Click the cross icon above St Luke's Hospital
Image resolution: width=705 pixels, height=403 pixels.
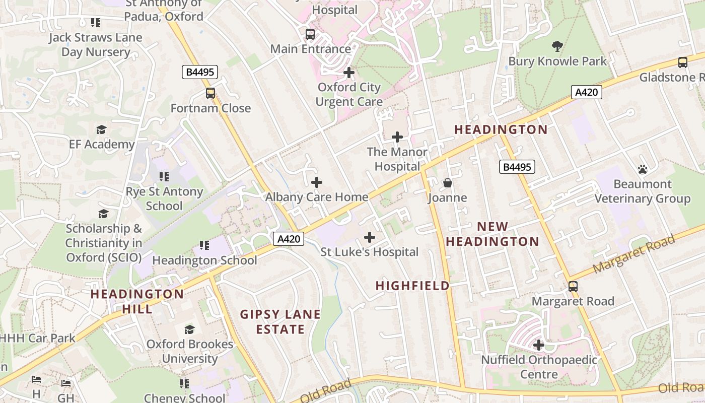pos(370,237)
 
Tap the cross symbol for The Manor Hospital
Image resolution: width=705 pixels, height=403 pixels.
pos(397,137)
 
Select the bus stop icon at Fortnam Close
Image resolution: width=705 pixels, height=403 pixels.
pos(210,93)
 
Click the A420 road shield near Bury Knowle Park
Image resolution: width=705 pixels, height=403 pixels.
pos(587,92)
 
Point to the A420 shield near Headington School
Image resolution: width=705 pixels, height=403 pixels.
pos(289,239)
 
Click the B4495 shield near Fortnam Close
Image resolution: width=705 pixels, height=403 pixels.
pos(200,72)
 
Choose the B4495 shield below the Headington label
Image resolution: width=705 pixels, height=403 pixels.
pos(517,167)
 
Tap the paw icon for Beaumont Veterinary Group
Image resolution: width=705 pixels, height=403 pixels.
pos(643,169)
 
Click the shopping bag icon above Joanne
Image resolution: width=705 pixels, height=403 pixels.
pos(448,183)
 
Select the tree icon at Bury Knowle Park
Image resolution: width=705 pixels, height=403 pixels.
pos(557,46)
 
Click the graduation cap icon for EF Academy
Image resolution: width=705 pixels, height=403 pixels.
pos(102,130)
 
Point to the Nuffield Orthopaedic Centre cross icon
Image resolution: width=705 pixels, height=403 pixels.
pos(539,345)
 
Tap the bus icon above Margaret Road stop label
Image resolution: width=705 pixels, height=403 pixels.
pos(573,287)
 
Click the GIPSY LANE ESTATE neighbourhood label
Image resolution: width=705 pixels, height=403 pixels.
pos(280,322)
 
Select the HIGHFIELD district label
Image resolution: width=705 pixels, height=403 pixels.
pos(412,286)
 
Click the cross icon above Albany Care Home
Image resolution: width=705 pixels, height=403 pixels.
pos(317,182)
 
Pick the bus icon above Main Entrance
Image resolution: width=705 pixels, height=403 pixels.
pos(310,34)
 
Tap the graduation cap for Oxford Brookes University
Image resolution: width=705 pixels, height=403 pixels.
pos(189,329)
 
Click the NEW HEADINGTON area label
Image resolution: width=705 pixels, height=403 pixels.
pos(492,234)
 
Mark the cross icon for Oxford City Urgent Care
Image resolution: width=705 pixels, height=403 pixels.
pos(349,73)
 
